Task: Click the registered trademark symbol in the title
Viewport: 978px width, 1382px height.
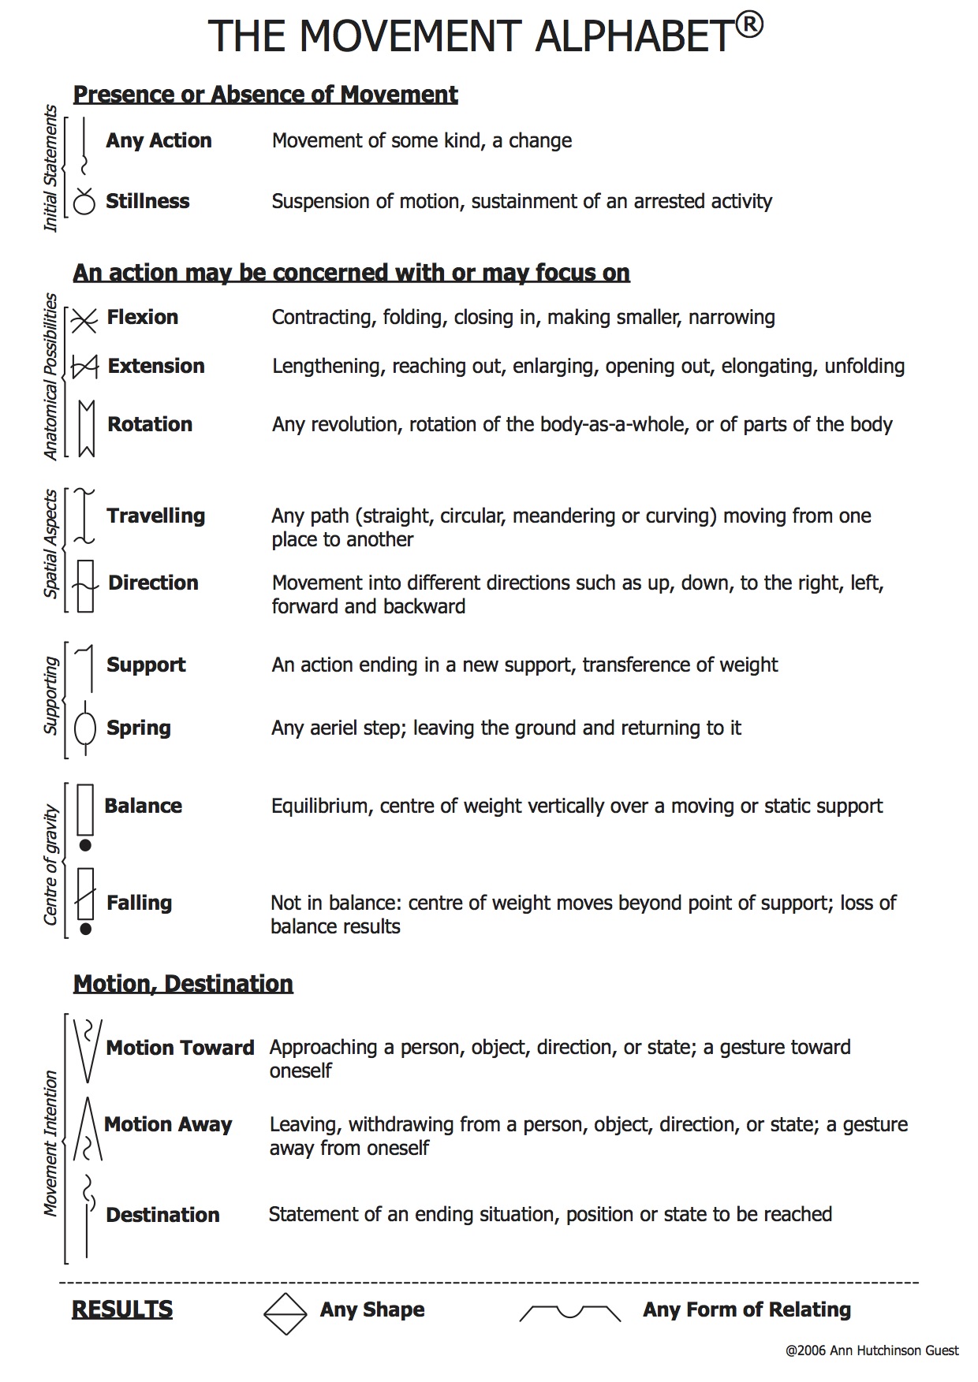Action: pyautogui.click(x=750, y=26)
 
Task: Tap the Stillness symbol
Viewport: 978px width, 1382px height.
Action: pyautogui.click(x=84, y=202)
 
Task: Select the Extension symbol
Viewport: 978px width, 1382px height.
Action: pyautogui.click(x=84, y=367)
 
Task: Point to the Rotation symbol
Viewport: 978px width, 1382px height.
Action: pyautogui.click(x=86, y=428)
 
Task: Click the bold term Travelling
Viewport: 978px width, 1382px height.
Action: pyautogui.click(x=155, y=516)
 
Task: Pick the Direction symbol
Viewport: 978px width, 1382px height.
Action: pyautogui.click(x=85, y=586)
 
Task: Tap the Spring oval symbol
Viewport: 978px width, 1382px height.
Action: pyautogui.click(x=84, y=728)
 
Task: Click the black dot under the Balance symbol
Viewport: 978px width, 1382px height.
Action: pyautogui.click(x=86, y=845)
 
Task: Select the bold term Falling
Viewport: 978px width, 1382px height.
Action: pyautogui.click(x=139, y=903)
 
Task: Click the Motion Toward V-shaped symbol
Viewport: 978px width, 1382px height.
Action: pyautogui.click(x=87, y=1050)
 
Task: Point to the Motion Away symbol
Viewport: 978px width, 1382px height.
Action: pyautogui.click(x=88, y=1129)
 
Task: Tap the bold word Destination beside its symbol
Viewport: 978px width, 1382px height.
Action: pyautogui.click(x=162, y=1215)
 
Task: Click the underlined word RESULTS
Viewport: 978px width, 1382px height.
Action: pyautogui.click(x=122, y=1309)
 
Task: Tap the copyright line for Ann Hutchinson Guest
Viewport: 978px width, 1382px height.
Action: pyautogui.click(x=872, y=1350)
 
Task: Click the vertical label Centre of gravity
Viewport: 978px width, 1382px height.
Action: pyautogui.click(x=51, y=864)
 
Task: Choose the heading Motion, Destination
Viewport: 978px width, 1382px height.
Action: pyautogui.click(x=183, y=984)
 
